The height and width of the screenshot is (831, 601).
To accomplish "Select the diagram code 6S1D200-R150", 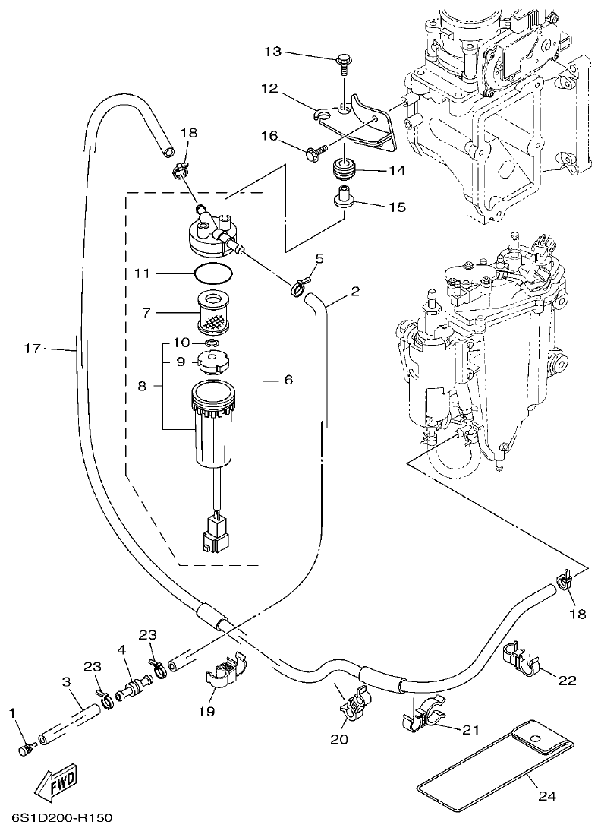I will click(x=62, y=819).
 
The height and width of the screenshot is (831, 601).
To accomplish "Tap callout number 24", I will click(x=547, y=796).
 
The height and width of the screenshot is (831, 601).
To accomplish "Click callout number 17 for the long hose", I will click(x=32, y=349).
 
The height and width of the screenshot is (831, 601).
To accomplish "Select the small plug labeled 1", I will click(x=26, y=750).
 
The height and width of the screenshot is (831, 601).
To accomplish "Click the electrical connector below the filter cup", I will click(x=216, y=532).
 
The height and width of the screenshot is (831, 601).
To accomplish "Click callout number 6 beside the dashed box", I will click(x=288, y=379).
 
